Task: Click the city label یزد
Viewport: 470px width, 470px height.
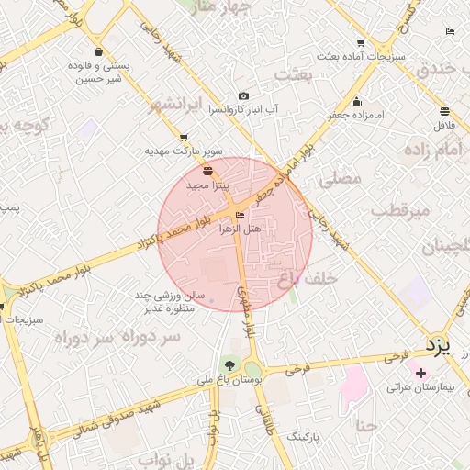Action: coord(440,346)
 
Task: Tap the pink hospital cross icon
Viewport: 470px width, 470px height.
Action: coord(421,373)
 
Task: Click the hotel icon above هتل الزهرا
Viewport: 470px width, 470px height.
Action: coord(241,215)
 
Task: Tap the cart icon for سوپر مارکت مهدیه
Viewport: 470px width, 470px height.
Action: coord(184,137)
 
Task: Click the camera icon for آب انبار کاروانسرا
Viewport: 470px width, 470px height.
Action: coord(243,96)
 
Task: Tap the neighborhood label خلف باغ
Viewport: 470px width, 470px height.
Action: coord(308,277)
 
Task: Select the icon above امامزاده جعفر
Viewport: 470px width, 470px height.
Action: coord(356,101)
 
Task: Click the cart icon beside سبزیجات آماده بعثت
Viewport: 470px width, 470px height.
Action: coord(361,42)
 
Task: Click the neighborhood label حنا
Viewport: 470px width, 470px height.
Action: coord(366,426)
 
